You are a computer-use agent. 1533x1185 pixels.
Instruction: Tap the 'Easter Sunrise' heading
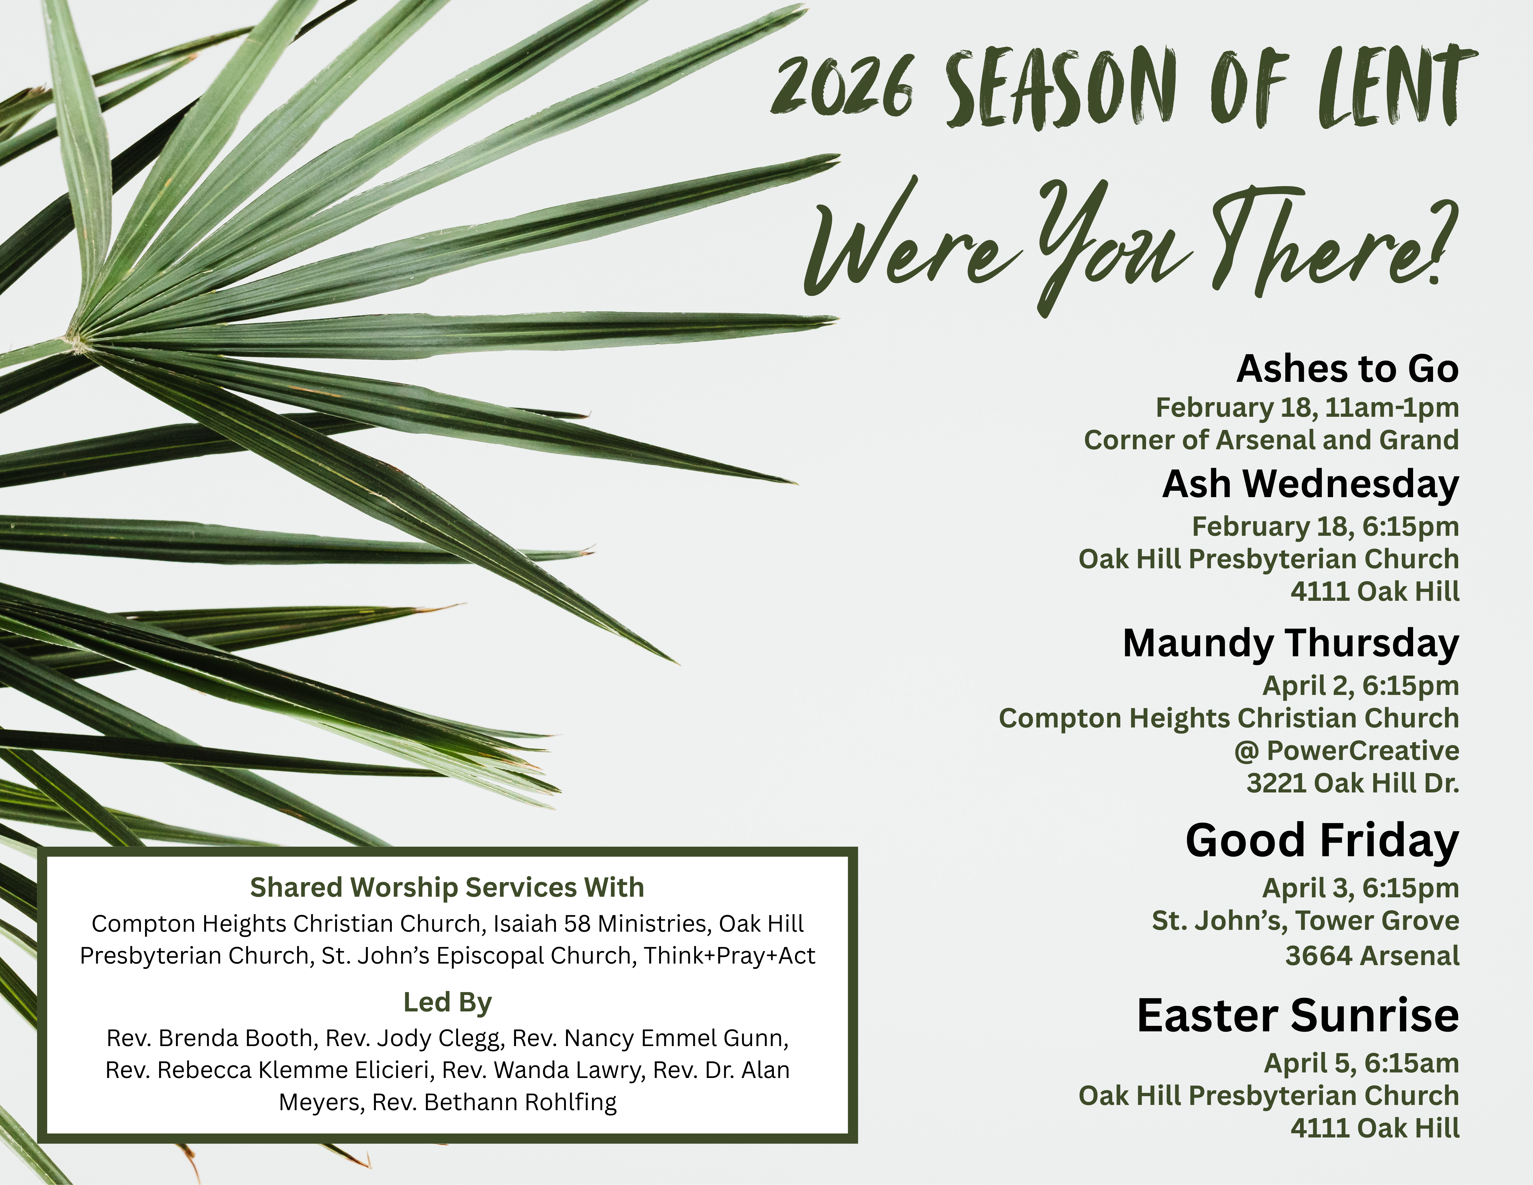(1298, 1015)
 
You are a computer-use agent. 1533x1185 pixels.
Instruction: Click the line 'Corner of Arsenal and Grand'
(1271, 440)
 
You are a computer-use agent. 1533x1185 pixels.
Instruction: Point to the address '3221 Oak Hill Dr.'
(1353, 783)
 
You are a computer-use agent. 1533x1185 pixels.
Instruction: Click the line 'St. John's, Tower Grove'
(1306, 920)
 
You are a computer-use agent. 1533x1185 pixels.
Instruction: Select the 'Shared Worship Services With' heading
(447, 887)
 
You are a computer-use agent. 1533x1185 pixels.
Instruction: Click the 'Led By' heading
(447, 1003)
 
